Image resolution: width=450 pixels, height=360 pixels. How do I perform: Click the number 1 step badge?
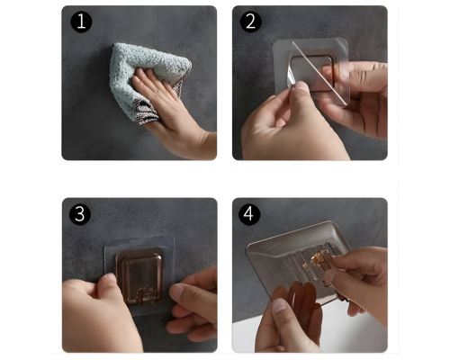coord(81,22)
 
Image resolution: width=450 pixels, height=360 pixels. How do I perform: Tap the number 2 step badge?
coord(250,22)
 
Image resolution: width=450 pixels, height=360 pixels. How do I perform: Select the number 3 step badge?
coord(80,214)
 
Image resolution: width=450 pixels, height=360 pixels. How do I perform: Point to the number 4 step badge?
coord(249,214)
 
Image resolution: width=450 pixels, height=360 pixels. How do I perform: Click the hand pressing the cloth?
coord(174,114)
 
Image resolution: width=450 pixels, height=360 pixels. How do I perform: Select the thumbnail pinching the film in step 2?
coord(301,86)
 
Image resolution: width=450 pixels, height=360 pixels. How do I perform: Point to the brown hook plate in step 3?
coord(139,276)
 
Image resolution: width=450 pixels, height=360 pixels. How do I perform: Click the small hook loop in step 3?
coord(147,296)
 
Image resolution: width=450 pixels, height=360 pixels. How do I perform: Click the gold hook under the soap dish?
coord(319,259)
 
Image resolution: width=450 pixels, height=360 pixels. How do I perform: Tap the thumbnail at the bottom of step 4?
coord(280,306)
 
